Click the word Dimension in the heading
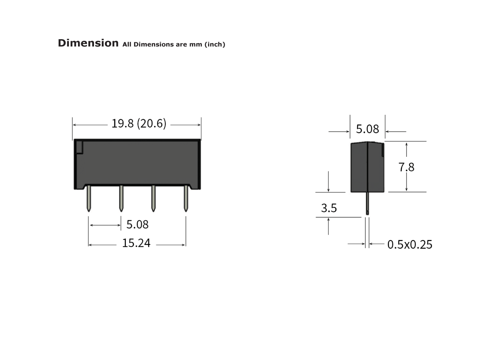click(88, 43)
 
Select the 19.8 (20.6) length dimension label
click(138, 124)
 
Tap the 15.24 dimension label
click(136, 243)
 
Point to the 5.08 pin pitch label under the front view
click(137, 224)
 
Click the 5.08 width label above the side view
click(367, 129)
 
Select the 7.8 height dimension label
click(406, 167)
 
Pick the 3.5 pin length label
click(329, 208)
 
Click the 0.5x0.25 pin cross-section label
click(410, 244)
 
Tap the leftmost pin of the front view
click(88, 198)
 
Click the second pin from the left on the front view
click(121, 198)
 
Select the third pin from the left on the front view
click(153, 198)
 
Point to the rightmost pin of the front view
click(186, 198)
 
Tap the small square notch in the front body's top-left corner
click(79, 147)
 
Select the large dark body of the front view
click(137, 164)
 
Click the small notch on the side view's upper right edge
click(383, 150)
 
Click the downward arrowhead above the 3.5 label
click(329, 190)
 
